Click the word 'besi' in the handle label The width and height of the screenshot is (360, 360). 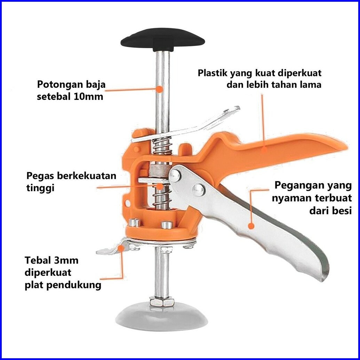point(340,210)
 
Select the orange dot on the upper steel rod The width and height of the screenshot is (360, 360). point(159,89)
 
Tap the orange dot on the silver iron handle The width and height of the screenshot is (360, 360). point(251,226)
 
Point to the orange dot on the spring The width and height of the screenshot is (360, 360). point(159,187)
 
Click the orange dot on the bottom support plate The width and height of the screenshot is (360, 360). point(121,248)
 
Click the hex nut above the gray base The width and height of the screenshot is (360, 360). point(162,300)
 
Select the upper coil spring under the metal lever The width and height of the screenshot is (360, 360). point(163,146)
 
